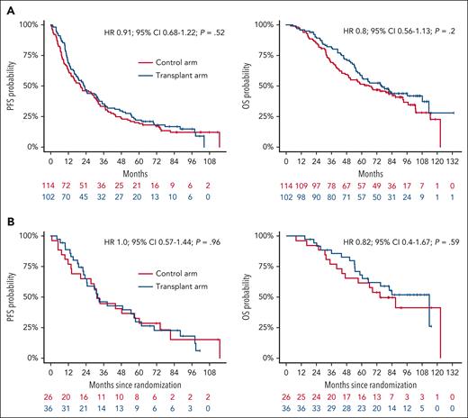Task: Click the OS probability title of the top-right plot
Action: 243,84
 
